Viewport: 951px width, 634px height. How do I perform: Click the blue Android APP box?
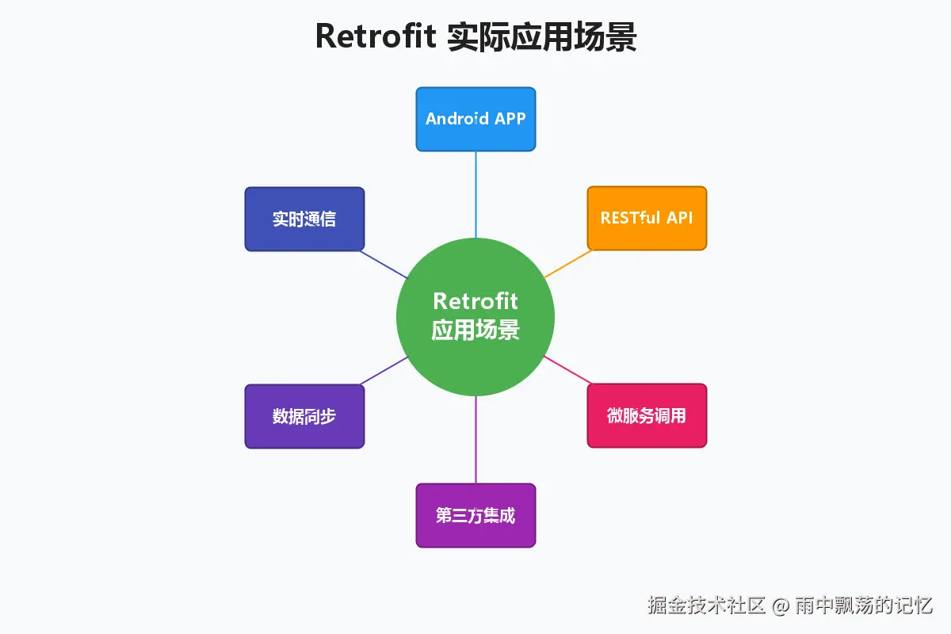click(x=475, y=119)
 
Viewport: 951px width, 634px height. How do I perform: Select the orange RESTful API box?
click(x=647, y=218)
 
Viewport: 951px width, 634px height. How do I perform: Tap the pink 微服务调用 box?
click(x=647, y=415)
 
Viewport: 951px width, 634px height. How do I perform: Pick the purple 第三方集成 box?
click(x=475, y=515)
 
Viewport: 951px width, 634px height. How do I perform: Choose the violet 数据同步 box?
click(x=304, y=416)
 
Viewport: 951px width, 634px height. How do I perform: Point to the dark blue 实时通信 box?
click(x=304, y=219)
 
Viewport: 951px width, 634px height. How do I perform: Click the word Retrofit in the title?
click(x=376, y=36)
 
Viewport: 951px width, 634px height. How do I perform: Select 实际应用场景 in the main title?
click(x=542, y=36)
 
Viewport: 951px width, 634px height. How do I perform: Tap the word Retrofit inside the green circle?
click(x=475, y=302)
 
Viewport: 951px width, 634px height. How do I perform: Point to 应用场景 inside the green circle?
click(x=475, y=330)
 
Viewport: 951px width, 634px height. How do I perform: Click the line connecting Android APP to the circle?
click(x=475, y=194)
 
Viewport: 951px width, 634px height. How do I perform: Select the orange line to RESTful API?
click(x=568, y=264)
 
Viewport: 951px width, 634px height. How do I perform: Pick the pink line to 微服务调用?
click(x=566, y=369)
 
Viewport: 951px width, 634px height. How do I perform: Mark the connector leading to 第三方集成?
click(x=475, y=440)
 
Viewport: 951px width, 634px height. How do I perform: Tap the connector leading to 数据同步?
click(x=385, y=370)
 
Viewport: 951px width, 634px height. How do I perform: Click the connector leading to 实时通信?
click(x=385, y=265)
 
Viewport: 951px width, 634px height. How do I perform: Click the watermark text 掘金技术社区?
click(x=706, y=606)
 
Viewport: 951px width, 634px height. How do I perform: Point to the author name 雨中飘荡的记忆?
click(x=864, y=606)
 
